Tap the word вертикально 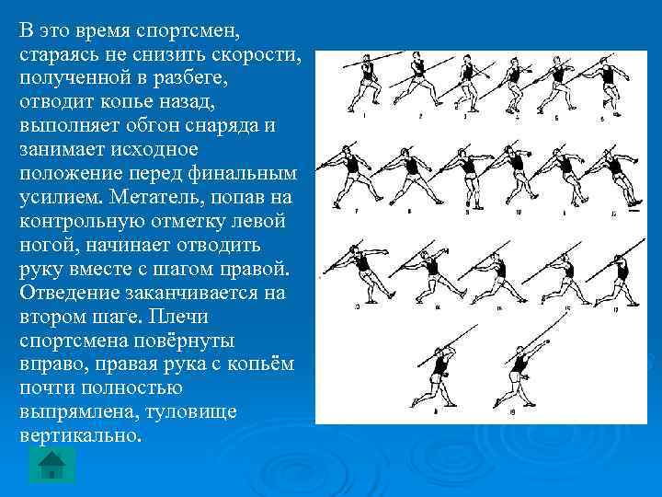point(80,434)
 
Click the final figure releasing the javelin point(519,373)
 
